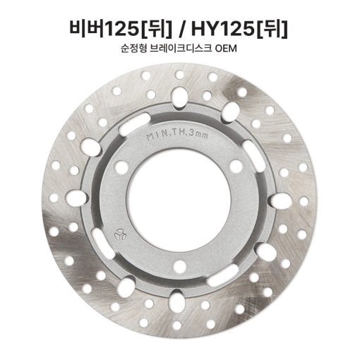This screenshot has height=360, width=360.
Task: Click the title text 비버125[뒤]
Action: tap(121, 29)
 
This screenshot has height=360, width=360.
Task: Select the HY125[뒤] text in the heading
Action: tap(239, 29)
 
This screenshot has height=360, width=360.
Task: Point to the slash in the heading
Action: tap(181, 29)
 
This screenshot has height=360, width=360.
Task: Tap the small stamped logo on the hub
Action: tap(120, 234)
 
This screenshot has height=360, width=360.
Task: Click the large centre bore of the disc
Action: tap(179, 200)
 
